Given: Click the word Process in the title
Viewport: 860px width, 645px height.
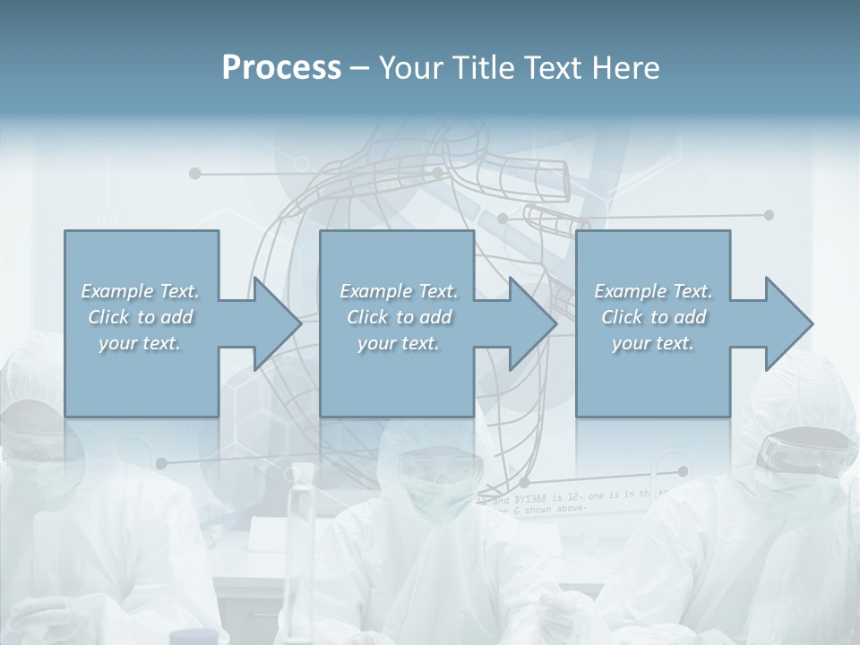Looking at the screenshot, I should click(281, 68).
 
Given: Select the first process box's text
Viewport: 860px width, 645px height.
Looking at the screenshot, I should click(141, 317).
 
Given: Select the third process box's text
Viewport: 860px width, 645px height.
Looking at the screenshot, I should click(653, 317).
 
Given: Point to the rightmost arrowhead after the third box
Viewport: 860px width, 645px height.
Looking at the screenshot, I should click(787, 323).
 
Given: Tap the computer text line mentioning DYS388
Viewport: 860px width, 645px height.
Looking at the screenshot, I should click(573, 496).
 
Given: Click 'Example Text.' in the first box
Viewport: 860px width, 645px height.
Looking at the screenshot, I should click(141, 291).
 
